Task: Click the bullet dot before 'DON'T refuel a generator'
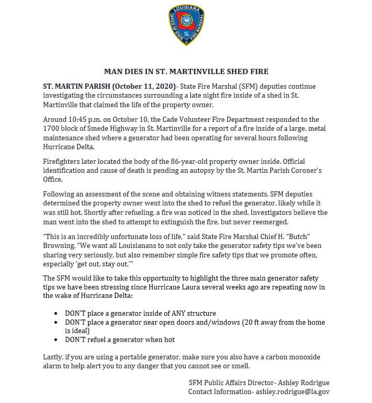(x=56, y=339)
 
